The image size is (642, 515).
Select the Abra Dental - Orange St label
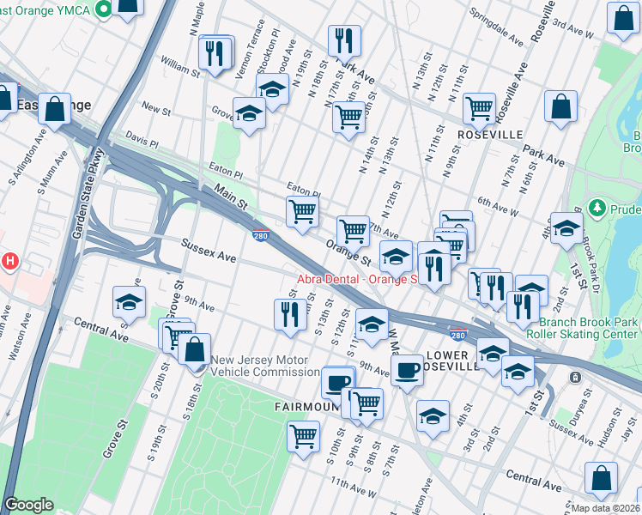pos(357,279)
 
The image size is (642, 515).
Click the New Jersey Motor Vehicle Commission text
pos(265,367)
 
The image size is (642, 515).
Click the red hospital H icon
pos(9,260)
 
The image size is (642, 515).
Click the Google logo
pos(28,505)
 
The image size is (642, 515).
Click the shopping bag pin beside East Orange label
pos(55,110)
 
